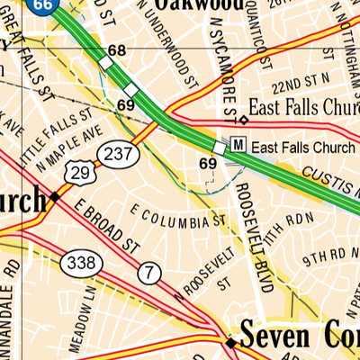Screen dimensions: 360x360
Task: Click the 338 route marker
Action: (79, 264)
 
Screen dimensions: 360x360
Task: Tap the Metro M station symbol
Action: (238, 144)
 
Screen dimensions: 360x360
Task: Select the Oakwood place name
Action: (198, 4)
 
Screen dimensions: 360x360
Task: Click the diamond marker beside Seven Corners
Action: (230, 343)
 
